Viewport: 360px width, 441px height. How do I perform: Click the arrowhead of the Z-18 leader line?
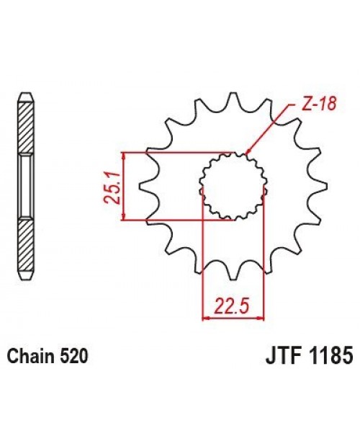coord(247,153)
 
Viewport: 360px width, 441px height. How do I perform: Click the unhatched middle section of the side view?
coord(24,186)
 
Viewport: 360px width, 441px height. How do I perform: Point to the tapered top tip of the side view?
coord(24,96)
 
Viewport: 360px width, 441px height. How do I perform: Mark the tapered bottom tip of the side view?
coord(24,277)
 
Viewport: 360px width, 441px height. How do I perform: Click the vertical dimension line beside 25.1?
coord(125,186)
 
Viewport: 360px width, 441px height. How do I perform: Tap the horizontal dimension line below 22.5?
coord(233,316)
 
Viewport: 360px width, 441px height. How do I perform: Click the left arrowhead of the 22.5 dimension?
coord(205,316)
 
